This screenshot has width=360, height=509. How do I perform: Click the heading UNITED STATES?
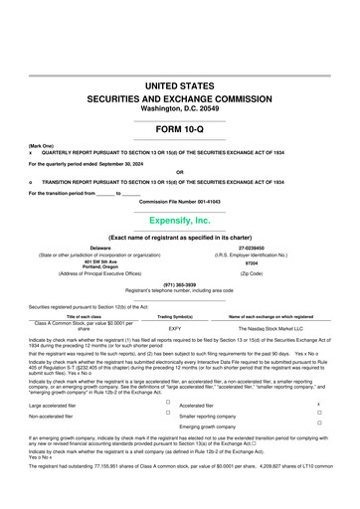pyautogui.click(x=179, y=87)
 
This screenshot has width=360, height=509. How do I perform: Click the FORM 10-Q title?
pyautogui.click(x=179, y=129)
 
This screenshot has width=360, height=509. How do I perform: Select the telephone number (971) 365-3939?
pyautogui.click(x=179, y=284)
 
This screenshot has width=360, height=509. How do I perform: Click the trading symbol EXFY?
pyautogui.click(x=175, y=326)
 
